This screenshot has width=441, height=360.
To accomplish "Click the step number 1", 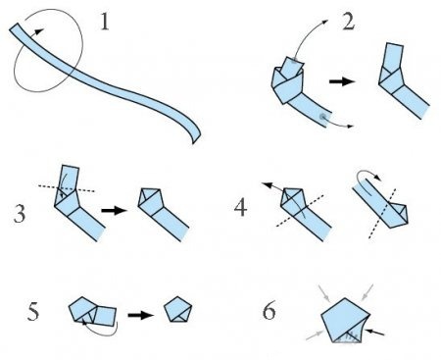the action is tap(105, 23).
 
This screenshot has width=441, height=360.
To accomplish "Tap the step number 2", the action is tap(348, 23).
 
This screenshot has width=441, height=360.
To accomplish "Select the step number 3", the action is tap(20, 213).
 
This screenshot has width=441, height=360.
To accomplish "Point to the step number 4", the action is tap(241, 207).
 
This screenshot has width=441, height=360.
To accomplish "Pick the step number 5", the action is tap(33, 311).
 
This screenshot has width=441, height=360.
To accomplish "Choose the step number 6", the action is tap(269, 310).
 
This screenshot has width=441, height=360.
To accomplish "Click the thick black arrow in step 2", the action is tap(342, 81).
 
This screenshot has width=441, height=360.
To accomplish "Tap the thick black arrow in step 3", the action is tap(114, 210).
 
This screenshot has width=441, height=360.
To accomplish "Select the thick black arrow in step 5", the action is tap(140, 315).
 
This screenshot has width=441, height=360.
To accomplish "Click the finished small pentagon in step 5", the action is tap(177, 310).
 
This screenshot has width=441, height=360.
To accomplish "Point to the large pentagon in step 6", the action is tap(346, 321).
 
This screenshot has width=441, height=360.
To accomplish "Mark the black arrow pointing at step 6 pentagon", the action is tap(374, 333).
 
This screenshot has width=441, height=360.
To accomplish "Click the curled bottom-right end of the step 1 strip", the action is tap(196, 137).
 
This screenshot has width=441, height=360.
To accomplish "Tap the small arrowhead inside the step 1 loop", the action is tap(40, 31).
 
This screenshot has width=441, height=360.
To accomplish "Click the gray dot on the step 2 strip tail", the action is tap(323, 117).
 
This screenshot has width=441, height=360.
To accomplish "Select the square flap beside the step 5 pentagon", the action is tap(105, 316).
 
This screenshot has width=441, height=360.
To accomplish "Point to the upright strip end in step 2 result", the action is tap(393, 56).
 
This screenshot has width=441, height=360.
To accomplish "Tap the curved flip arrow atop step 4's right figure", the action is tap(368, 180).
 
